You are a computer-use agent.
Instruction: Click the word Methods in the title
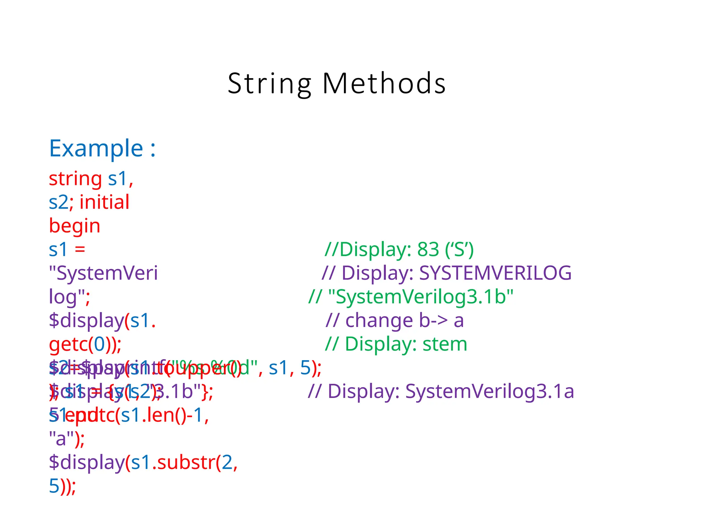[x=384, y=84]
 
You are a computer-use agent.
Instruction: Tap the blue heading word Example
[x=96, y=149]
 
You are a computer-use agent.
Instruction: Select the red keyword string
[x=75, y=179]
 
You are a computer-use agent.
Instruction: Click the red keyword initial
[x=104, y=202]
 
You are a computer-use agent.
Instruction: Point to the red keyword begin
[x=75, y=226]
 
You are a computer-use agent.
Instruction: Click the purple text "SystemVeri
[x=103, y=273]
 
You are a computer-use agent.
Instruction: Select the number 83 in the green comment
[x=428, y=249]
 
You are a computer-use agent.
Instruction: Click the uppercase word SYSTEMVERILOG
[x=495, y=273]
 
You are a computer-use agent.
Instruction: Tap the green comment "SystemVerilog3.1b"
[x=420, y=297]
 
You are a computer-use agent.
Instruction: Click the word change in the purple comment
[x=379, y=320]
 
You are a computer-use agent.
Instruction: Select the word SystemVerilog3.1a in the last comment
[x=490, y=392]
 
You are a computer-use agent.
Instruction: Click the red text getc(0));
[x=85, y=344]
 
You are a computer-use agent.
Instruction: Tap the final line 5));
[x=62, y=486]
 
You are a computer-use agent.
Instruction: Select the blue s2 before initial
[x=58, y=202]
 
